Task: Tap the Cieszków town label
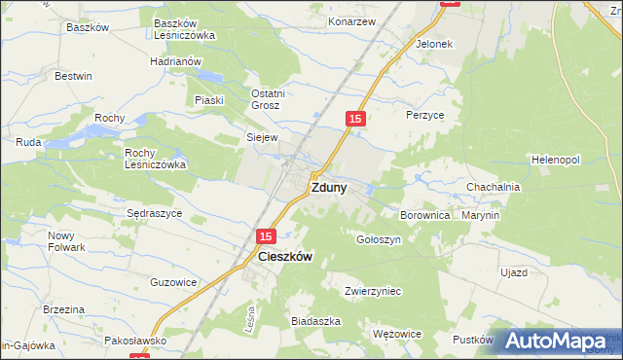(285, 257)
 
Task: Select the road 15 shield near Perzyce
(355, 118)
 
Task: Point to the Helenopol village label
(556, 159)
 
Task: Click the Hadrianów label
(175, 60)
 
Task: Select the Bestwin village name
(73, 76)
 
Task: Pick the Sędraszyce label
(155, 213)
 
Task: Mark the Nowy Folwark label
(67, 241)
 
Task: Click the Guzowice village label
(174, 282)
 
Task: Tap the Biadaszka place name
(315, 320)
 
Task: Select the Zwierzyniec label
(373, 291)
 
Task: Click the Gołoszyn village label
(379, 239)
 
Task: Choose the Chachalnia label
(494, 187)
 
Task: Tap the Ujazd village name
(514, 272)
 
